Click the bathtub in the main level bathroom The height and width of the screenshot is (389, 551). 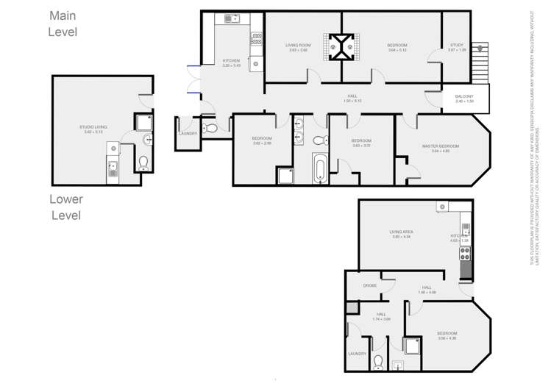point(320,168)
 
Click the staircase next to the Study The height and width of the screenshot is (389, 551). point(482,62)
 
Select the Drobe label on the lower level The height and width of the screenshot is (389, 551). point(370,285)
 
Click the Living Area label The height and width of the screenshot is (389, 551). point(402,235)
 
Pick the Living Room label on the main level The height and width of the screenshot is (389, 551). point(298,48)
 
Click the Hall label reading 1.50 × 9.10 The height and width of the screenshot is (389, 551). point(352,98)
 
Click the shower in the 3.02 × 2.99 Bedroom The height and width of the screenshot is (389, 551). point(285,175)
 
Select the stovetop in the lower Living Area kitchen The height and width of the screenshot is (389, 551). point(465,254)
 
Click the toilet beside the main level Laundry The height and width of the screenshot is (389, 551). point(211,128)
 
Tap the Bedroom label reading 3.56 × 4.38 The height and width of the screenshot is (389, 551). point(447,336)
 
